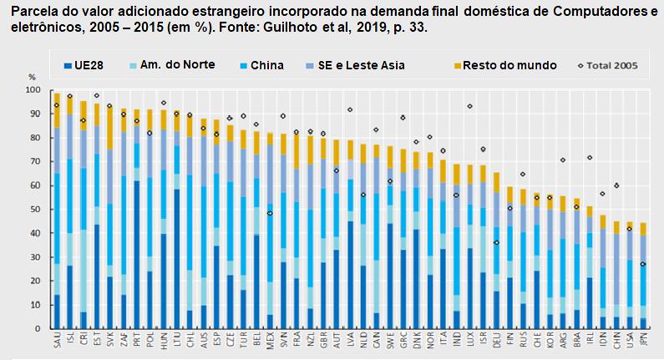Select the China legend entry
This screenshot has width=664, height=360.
(x=265, y=64)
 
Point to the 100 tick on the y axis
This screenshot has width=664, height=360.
(x=33, y=89)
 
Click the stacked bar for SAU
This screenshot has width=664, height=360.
(x=56, y=209)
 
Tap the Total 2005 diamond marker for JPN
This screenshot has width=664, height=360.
(x=643, y=264)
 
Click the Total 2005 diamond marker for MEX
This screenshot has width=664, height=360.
(x=269, y=213)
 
